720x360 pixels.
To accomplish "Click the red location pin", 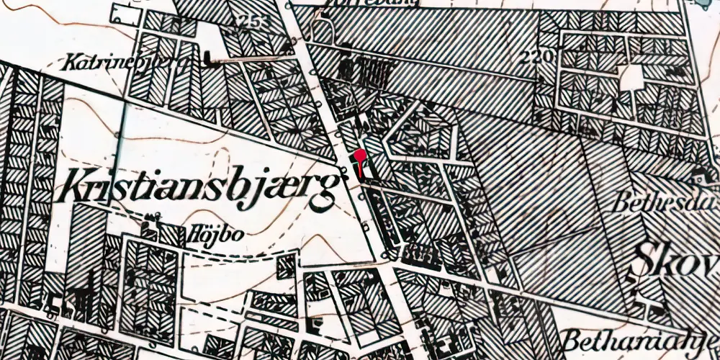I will click(360, 156).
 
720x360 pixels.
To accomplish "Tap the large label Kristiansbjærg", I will click(200, 186).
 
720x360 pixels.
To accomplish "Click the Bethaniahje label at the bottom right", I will click(641, 338).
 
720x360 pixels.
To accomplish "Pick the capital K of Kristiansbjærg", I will click(77, 186).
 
